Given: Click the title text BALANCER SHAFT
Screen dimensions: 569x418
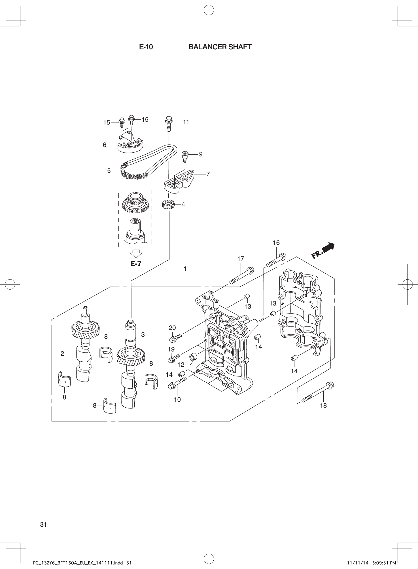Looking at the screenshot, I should pos(220,47).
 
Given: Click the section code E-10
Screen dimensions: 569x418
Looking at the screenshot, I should pos(146,47).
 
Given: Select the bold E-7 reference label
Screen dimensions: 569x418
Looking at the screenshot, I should pos(136,264).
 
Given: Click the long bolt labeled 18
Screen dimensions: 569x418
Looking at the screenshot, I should pos(317,393).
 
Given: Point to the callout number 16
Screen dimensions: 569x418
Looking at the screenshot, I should pos(276,243).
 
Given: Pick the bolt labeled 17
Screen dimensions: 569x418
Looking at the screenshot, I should pos(242,276).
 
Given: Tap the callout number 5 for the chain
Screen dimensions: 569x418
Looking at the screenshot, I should pos(109,171).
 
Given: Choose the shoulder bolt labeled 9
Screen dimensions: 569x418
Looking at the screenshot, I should pos(185,156).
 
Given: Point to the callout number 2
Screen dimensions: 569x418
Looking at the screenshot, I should pos(62,353).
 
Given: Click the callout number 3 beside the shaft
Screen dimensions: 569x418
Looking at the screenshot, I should pos(143,335).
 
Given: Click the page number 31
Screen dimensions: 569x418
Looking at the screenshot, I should pos(43,524).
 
